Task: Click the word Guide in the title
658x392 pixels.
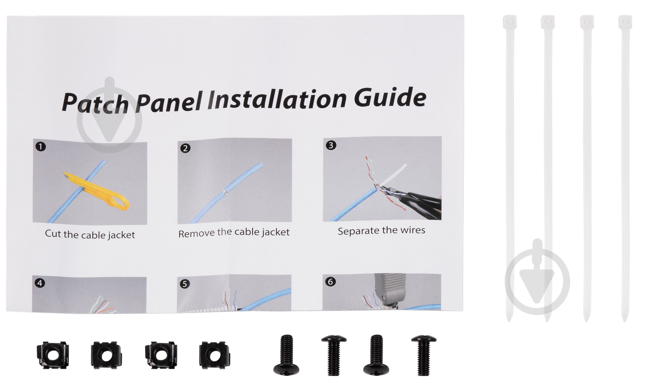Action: (390, 98)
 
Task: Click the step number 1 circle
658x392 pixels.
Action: (40, 147)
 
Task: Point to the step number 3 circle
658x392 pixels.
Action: (331, 145)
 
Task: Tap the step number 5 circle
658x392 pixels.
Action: (185, 284)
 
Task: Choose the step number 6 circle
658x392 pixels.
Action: (330, 282)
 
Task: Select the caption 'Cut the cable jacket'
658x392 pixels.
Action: (90, 234)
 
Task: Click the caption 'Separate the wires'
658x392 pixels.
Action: (381, 230)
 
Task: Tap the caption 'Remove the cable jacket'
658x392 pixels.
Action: (234, 233)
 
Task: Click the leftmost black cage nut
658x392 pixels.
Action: (53, 355)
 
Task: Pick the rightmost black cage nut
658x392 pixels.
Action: (214, 355)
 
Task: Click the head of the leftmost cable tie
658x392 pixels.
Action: (509, 23)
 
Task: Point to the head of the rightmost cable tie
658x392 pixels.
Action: (625, 23)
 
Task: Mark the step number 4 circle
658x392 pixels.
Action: (40, 283)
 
